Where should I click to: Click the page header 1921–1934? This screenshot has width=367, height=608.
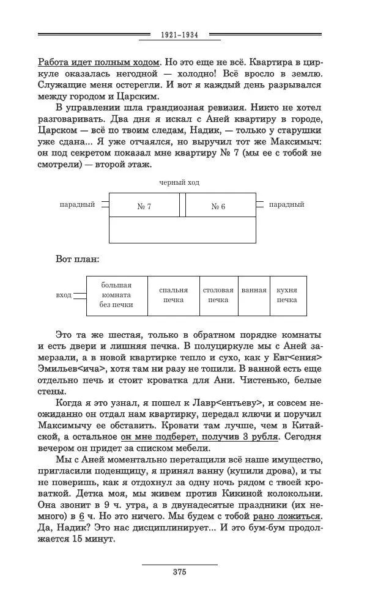coord(179,35)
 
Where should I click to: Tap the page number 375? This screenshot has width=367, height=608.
coord(179,572)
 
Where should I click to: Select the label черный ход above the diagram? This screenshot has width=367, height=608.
coord(179,182)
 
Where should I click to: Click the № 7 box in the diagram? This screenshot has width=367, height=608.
coord(144,206)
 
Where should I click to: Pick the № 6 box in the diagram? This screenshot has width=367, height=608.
coord(218,206)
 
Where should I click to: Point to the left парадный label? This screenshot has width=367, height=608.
coord(77,204)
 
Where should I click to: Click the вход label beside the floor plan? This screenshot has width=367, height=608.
coord(64,295)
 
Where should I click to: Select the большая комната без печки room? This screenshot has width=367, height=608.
coord(116,295)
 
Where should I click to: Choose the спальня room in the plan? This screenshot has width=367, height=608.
coord(173,295)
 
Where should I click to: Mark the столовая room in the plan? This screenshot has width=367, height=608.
coord(218,295)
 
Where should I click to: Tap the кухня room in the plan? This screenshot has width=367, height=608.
coord(287,295)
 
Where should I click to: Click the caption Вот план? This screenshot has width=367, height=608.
coord(77,259)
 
